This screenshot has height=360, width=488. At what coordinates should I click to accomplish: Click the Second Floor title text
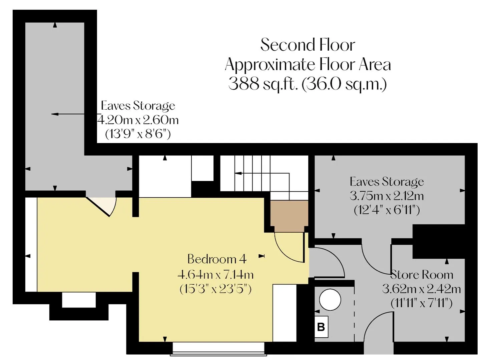coord(308,45)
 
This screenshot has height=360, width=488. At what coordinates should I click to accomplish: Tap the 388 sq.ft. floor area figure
coord(263,84)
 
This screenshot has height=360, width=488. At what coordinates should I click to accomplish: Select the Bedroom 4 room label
coord(217,259)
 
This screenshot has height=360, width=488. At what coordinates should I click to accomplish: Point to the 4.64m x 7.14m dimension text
coord(215,275)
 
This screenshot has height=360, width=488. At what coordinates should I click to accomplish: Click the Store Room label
coord(422,275)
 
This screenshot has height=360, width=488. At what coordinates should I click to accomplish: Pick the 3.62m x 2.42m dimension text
coord(422,289)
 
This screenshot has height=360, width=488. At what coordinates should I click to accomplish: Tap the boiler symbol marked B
coord(321,327)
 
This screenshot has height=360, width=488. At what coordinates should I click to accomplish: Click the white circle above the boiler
coord(330,300)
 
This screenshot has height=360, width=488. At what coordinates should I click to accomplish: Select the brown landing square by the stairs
coord(289,216)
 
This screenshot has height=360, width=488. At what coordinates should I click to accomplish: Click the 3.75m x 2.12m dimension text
coord(387,196)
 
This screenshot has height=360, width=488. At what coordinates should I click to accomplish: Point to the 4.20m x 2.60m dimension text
coord(137,120)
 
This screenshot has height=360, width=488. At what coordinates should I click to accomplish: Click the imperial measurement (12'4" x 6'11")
coord(387,210)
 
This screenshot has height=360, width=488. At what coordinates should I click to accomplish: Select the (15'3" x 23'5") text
coord(215,289)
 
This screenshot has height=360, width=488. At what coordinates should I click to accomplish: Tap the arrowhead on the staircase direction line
coord(238,173)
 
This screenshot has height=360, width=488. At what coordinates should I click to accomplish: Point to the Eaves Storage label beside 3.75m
coord(387,182)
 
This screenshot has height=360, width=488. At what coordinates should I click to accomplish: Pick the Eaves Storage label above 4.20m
coord(138,106)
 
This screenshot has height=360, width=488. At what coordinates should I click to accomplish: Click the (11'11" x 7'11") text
coord(422,303)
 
